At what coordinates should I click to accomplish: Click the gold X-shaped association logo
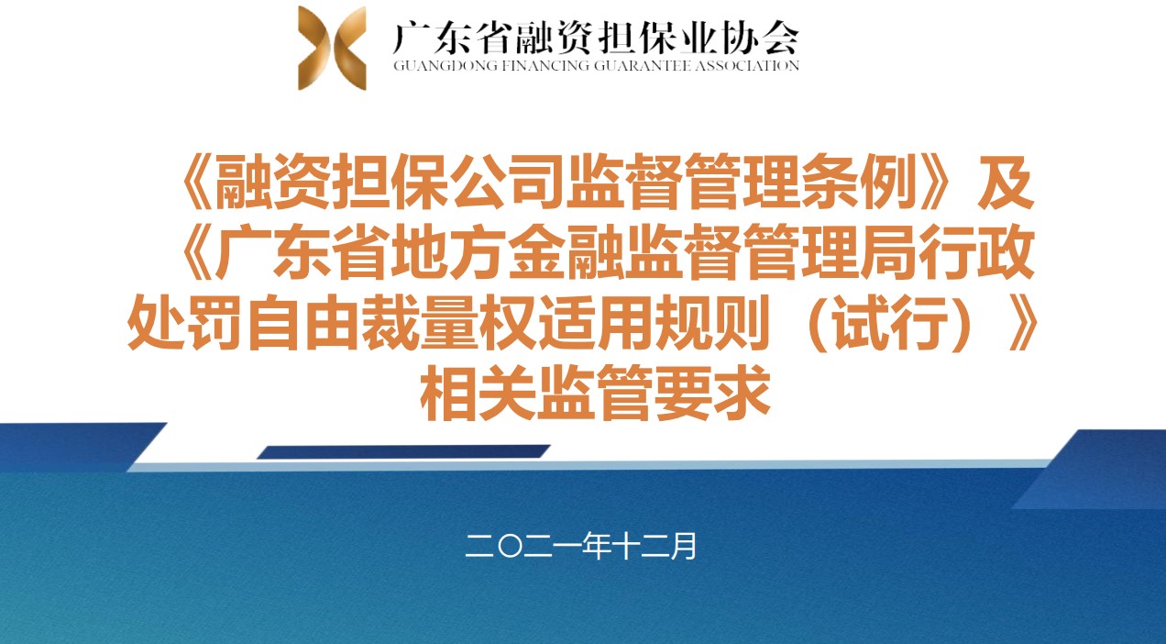tap(332, 48)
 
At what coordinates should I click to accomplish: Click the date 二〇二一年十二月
tap(581, 546)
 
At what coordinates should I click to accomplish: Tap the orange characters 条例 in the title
tap(889, 182)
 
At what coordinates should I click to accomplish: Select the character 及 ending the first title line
tap(1006, 182)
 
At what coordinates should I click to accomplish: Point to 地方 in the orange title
tap(448, 251)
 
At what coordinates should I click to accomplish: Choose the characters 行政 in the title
tap(976, 251)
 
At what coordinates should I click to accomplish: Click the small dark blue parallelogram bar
tap(403, 451)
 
